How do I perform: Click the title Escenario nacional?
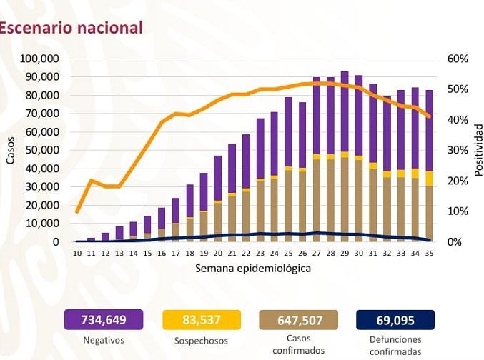click(x=71, y=28)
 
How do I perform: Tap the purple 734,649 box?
click(x=104, y=320)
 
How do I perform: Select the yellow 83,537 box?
click(x=202, y=320)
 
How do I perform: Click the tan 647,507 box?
click(x=299, y=320)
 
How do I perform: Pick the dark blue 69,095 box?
click(x=395, y=320)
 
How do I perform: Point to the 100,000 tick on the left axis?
click(x=39, y=59)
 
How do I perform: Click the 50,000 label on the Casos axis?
click(x=42, y=150)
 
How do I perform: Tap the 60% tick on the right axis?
click(x=458, y=59)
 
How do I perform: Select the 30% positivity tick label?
click(x=458, y=150)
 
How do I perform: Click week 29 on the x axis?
click(x=345, y=254)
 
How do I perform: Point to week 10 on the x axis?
click(x=77, y=254)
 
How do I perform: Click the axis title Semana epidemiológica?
click(x=253, y=269)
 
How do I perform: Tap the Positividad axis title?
click(x=478, y=150)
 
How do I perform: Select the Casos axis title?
click(x=10, y=151)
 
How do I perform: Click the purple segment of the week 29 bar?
click(x=345, y=111)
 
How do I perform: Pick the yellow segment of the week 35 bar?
click(x=429, y=179)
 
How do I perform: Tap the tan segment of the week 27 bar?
click(x=317, y=201)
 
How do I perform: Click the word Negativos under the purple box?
click(x=104, y=340)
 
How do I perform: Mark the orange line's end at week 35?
click(x=429, y=116)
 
